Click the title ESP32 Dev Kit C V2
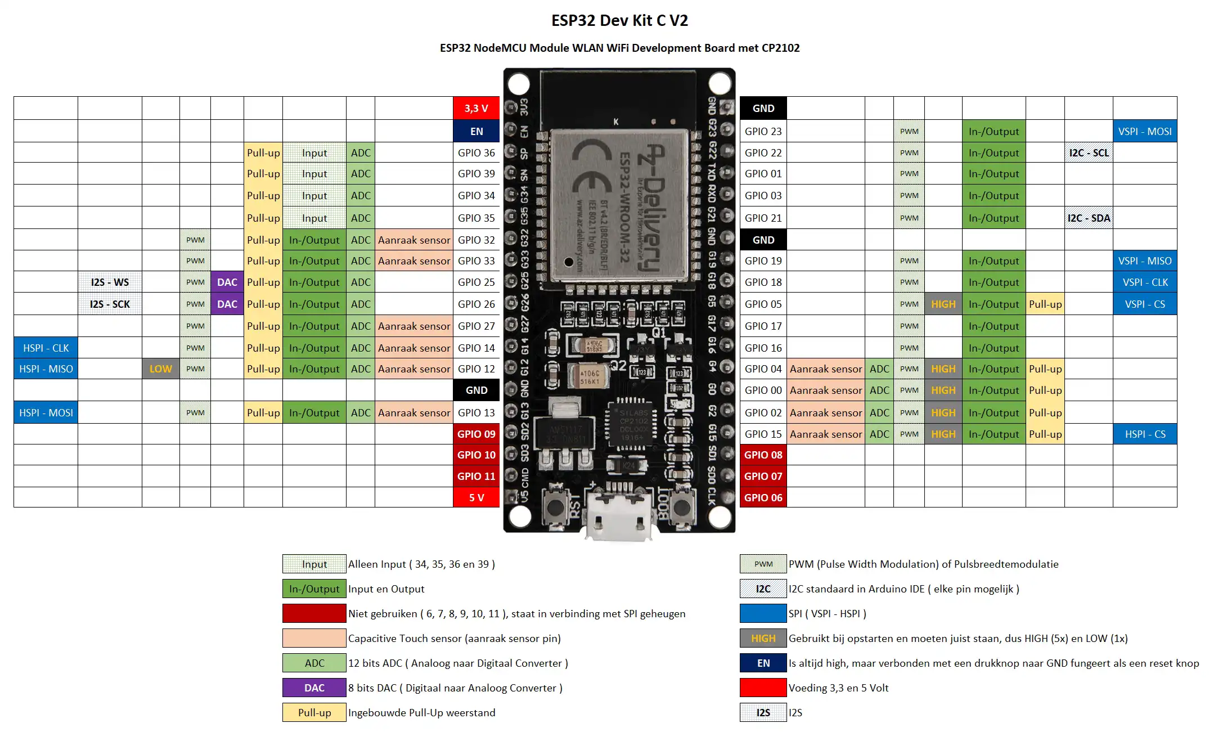(619, 21)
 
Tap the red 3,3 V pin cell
(476, 108)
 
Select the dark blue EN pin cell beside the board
(476, 131)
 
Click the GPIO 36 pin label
(476, 152)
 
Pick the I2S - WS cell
(110, 282)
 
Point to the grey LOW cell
(160, 369)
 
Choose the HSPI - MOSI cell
(46, 412)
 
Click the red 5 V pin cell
(476, 497)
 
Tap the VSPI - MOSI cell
(1144, 131)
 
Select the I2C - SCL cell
(1089, 152)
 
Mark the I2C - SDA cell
(1089, 218)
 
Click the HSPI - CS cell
(1144, 434)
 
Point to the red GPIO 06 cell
(763, 497)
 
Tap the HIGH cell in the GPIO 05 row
(943, 304)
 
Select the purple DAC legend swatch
(314, 688)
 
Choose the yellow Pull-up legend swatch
(314, 712)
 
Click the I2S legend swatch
(763, 712)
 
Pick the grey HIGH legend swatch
(763, 638)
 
